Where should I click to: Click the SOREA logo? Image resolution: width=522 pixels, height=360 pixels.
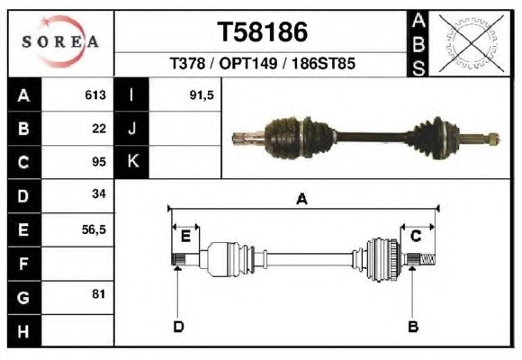(60, 41)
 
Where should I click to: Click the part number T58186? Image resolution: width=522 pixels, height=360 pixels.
(262, 32)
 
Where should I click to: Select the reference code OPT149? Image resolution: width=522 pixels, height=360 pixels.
(248, 63)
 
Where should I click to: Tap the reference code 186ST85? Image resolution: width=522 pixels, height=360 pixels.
(324, 63)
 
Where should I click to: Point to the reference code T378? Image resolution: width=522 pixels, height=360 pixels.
(187, 63)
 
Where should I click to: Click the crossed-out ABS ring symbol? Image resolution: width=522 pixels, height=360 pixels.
(471, 43)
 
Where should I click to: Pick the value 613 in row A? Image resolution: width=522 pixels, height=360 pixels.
(95, 95)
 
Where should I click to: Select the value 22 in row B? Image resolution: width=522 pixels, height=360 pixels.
(99, 129)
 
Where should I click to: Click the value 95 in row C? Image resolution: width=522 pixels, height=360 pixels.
(99, 162)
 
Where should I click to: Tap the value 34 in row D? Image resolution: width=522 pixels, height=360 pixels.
(99, 193)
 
